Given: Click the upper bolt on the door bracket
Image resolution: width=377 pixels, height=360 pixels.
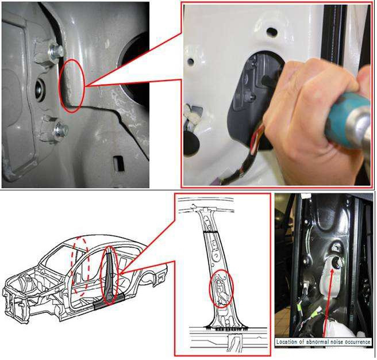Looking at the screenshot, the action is click(x=55, y=52).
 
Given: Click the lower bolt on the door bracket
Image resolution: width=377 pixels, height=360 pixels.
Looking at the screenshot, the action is click(x=60, y=130).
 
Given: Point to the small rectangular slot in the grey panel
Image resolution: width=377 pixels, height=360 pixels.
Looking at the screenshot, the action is click(x=119, y=164).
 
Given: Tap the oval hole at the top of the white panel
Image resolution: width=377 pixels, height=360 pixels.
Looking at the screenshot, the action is click(x=272, y=31).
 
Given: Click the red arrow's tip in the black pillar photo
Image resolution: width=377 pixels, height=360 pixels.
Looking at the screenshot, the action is click(x=333, y=269).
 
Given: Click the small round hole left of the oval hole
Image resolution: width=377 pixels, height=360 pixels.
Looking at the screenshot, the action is click(x=190, y=60).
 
